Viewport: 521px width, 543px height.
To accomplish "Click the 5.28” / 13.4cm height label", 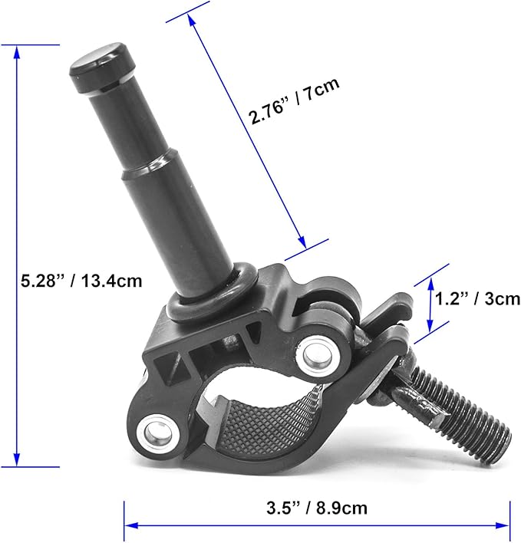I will [x=82, y=281].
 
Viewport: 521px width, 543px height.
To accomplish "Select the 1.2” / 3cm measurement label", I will [x=476, y=298].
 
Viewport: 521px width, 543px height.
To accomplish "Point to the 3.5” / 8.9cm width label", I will [x=316, y=507].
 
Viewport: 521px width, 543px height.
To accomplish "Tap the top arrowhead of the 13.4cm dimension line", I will [x=17, y=51].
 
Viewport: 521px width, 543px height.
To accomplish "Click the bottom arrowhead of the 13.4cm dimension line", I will [x=17, y=459].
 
